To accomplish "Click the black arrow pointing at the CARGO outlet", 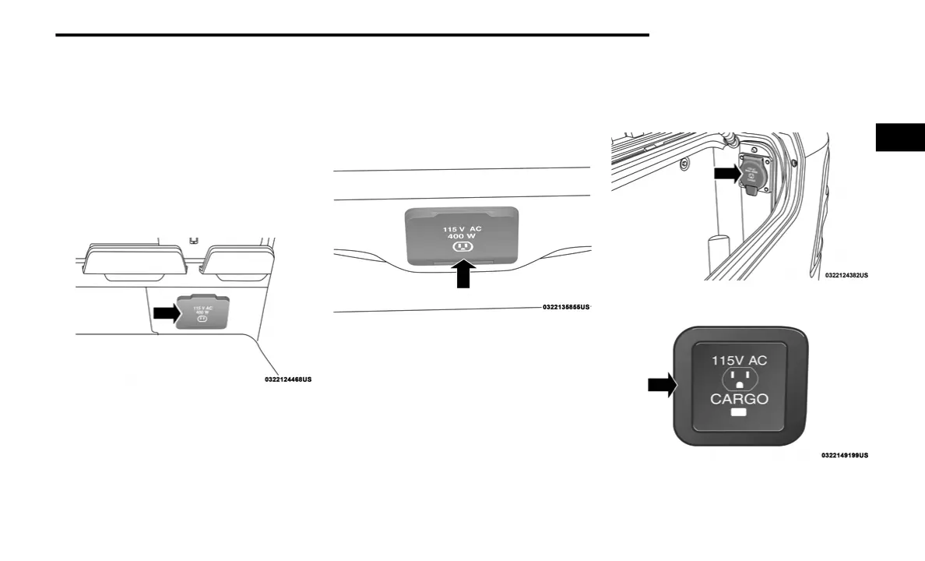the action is point(662,386).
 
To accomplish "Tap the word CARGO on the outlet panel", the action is point(739,399).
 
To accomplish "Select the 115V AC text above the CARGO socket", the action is point(740,361).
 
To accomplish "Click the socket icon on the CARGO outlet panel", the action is point(739,379).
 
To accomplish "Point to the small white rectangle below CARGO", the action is point(739,414).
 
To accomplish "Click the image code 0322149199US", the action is point(845,455).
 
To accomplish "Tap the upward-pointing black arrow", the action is point(464,275).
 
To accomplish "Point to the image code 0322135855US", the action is point(566,307).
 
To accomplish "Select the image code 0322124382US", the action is point(847,275).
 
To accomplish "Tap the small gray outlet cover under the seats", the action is point(202,312).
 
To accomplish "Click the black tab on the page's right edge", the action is point(900,137).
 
